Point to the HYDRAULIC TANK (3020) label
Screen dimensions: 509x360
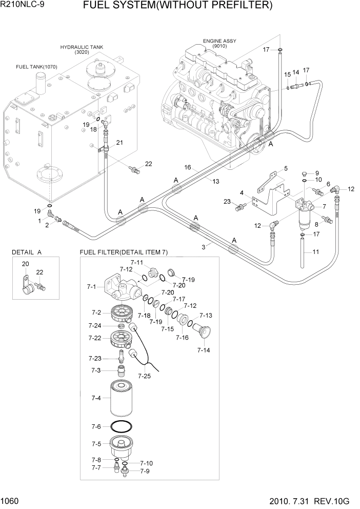click(82, 49)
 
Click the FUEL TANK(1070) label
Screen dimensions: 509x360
click(36, 67)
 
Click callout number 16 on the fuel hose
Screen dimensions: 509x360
click(188, 168)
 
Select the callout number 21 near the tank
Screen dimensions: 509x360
click(119, 142)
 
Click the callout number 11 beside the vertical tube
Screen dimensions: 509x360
click(316, 252)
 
